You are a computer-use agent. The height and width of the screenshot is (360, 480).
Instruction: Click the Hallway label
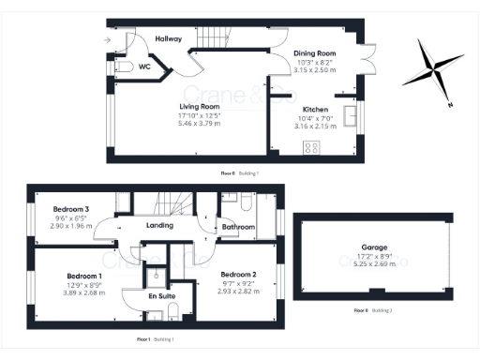coord(169,38)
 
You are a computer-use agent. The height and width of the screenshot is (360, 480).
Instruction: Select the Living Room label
coord(199,106)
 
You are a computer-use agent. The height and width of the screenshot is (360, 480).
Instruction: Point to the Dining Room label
coord(314,53)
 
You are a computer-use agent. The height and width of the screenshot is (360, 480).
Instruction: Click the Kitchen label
coord(316,110)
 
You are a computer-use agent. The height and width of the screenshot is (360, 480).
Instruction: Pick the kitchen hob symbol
coord(310,146)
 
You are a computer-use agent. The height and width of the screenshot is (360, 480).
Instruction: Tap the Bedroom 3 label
coord(71,207)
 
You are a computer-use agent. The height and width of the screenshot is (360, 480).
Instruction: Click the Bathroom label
coord(238,227)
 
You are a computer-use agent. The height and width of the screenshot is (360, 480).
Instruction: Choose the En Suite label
coord(161,295)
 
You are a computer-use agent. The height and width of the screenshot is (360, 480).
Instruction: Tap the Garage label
coord(376,247)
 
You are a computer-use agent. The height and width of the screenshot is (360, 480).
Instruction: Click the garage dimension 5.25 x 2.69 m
coord(376,263)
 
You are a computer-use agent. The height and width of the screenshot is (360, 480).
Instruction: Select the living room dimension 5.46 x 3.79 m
coord(199,124)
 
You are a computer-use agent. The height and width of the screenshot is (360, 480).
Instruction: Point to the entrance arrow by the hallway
coord(108,39)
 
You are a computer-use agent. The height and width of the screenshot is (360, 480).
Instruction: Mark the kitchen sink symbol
coord(352,115)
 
